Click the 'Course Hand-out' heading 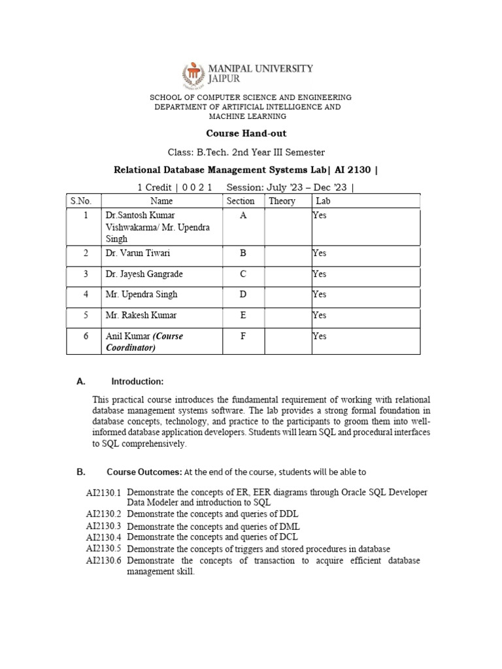coord(246,133)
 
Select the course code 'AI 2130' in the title coord(351,170)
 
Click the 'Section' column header coord(241,201)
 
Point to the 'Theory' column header coord(282,201)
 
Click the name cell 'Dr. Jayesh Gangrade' coord(144,274)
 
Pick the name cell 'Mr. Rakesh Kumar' coord(141,316)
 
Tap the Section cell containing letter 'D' coord(243,295)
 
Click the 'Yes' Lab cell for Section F coord(319,336)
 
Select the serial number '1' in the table coord(85,216)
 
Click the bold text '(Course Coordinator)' coord(144,342)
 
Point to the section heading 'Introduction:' coord(137,382)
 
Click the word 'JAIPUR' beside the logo coord(225,78)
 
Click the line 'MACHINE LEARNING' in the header coord(247,116)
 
